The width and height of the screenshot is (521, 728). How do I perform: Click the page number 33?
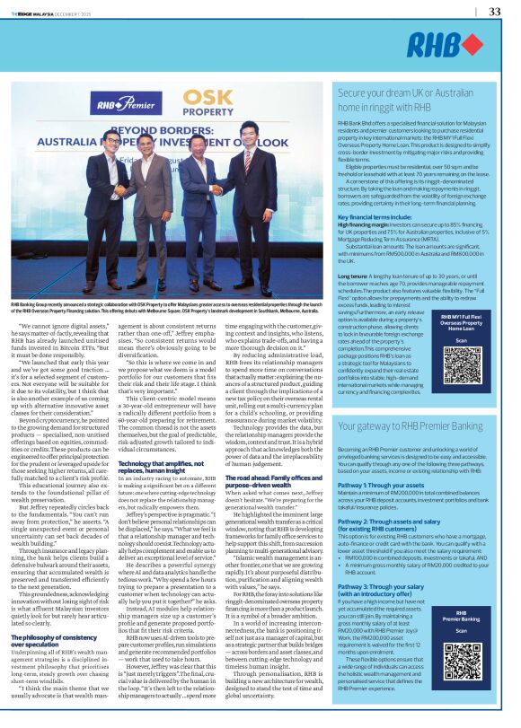click(x=493, y=12)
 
